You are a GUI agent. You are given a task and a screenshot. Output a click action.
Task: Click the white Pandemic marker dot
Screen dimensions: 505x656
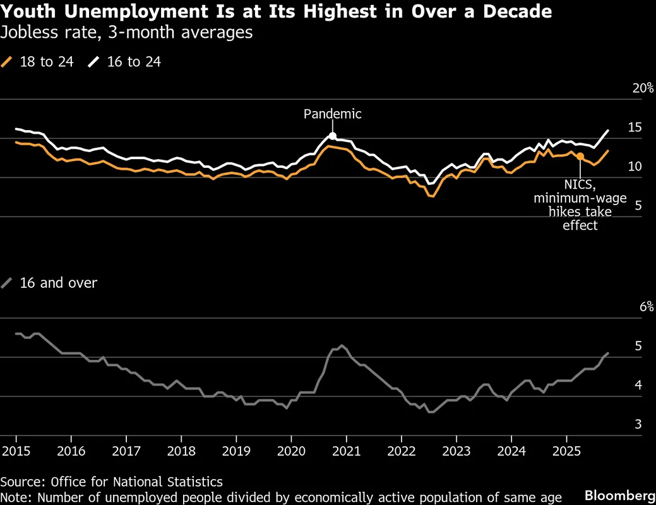[333, 136]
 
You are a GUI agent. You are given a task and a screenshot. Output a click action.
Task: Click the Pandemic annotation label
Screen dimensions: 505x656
[333, 114]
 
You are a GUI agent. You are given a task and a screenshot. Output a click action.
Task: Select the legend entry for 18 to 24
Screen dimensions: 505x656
[39, 62]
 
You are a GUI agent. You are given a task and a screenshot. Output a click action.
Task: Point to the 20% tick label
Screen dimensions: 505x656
[643, 88]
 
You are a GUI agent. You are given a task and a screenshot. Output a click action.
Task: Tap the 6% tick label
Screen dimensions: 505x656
[646, 307]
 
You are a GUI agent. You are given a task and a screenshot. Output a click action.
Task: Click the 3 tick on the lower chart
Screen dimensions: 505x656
[638, 424]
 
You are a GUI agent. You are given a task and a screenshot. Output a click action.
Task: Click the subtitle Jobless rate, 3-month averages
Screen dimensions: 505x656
[126, 33]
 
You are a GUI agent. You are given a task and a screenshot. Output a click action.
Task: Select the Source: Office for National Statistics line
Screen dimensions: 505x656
[111, 482]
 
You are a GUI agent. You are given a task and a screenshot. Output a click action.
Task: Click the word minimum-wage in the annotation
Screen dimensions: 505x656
[580, 198]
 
